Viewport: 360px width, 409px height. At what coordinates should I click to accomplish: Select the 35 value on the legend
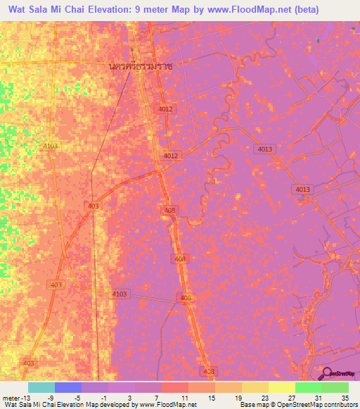(x=345, y=397)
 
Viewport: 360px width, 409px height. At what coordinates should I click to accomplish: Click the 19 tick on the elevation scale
(x=238, y=397)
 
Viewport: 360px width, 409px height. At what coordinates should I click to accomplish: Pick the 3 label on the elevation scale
(x=130, y=397)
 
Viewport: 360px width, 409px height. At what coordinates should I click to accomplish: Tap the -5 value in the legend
(x=77, y=397)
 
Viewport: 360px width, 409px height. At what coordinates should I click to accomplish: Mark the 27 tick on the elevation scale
(x=291, y=397)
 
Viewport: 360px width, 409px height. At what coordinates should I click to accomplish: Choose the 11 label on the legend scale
(x=184, y=397)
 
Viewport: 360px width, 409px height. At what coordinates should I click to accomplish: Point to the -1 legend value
(x=103, y=397)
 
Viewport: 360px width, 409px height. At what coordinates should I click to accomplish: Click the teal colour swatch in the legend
(x=41, y=387)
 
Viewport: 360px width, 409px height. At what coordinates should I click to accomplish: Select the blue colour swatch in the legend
(x=68, y=387)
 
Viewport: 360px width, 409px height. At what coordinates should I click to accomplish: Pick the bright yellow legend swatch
(x=282, y=387)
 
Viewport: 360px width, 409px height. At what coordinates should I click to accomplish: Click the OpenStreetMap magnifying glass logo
(x=327, y=374)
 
